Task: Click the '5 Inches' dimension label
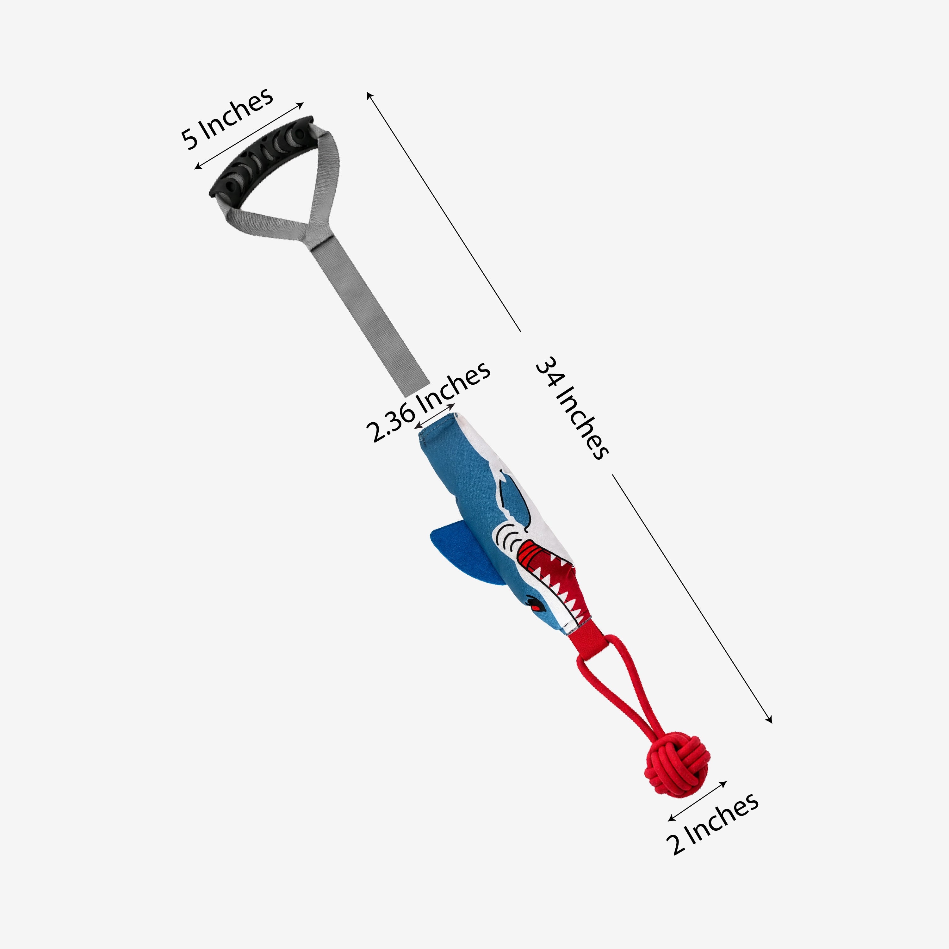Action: click(227, 118)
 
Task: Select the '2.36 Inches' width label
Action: click(428, 401)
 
